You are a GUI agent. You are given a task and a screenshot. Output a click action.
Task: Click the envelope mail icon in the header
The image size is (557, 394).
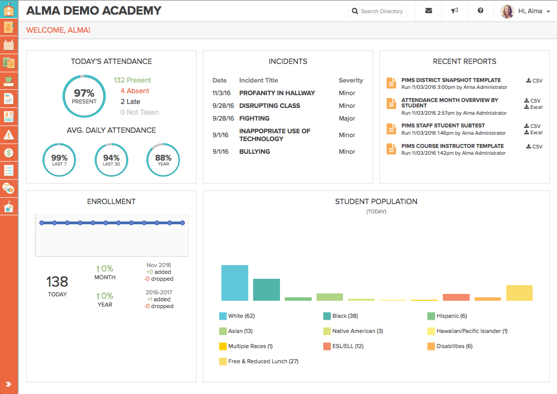[429, 11]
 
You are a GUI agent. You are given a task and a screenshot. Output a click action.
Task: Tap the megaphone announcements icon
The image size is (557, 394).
[455, 11]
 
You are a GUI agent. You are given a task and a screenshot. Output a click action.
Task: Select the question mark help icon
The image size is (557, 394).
[480, 11]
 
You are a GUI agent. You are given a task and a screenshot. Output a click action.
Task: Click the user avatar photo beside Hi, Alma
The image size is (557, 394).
[507, 11]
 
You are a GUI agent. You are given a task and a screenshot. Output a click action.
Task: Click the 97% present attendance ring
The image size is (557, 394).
[84, 96]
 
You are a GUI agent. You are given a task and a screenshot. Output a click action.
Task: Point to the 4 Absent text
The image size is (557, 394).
[135, 91]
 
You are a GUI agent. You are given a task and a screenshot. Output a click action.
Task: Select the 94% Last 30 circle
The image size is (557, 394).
[111, 160]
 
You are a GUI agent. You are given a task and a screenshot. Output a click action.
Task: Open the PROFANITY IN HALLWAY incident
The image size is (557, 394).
[277, 93]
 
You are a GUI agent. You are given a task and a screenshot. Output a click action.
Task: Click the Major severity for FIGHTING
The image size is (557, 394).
[347, 119]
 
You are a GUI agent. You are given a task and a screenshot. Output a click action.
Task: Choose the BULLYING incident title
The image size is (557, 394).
[254, 152]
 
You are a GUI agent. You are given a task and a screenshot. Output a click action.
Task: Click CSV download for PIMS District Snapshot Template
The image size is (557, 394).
[535, 81]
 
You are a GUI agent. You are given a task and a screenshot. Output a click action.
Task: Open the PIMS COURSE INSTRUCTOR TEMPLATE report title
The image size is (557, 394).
[452, 146]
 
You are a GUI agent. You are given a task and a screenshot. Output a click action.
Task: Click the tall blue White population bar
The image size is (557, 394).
[235, 283]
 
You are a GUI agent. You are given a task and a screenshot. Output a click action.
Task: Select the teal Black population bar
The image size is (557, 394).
[266, 290]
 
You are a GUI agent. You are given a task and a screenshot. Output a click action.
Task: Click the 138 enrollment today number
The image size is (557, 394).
[57, 282]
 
